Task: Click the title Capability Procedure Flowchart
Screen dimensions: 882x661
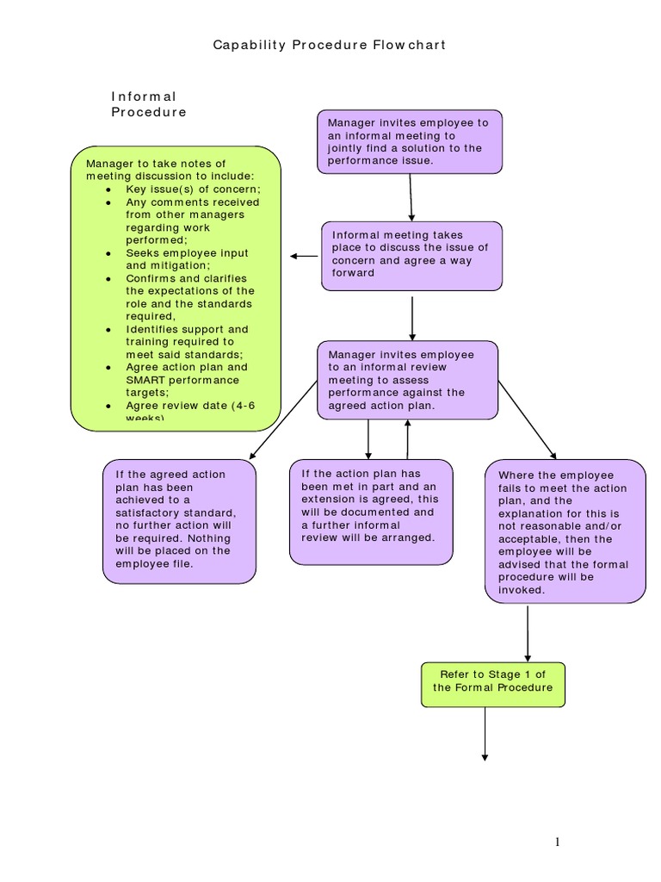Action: (330, 45)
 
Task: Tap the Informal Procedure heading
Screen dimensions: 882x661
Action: (148, 104)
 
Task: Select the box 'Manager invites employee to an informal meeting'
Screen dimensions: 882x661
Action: (409, 141)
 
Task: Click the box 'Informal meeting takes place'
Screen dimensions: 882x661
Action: (411, 254)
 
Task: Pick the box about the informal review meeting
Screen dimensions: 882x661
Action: (407, 380)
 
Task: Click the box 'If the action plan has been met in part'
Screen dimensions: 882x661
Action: (370, 512)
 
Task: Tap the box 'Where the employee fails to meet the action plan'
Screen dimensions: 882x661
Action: (565, 532)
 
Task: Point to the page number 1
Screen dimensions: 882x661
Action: (558, 842)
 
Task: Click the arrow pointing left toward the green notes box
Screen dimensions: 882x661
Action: (304, 256)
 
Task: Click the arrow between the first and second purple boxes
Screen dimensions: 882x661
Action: (411, 197)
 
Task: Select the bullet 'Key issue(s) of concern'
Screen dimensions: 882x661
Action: (192, 189)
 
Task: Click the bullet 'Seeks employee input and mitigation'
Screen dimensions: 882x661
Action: (187, 259)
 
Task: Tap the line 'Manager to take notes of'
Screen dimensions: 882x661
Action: (156, 164)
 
